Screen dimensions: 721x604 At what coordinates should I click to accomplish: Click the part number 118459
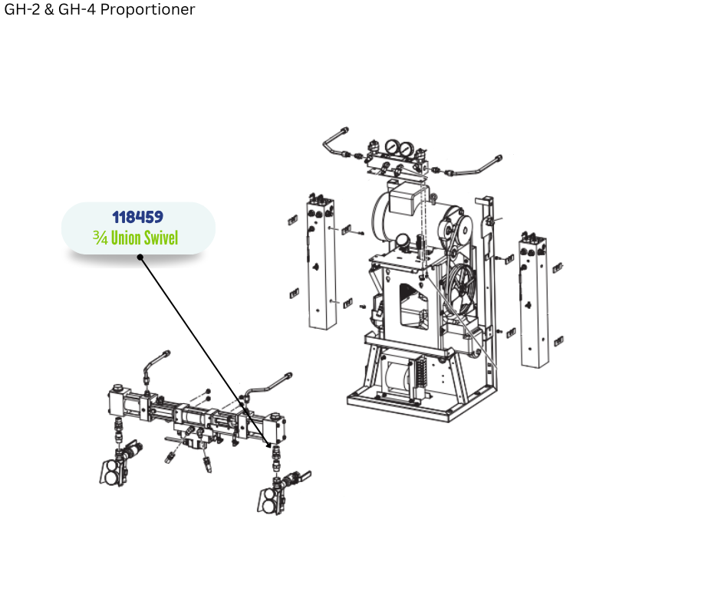coord(137,217)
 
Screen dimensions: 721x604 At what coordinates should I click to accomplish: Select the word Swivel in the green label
coord(161,238)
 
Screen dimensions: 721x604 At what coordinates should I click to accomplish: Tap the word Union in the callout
coord(126,238)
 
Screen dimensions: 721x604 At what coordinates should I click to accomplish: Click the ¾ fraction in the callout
coord(100,238)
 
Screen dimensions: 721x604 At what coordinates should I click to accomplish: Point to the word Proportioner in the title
coord(147,9)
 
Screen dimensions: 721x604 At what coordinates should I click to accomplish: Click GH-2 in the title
coord(22,9)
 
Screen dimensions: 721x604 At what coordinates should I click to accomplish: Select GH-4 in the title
coord(77,9)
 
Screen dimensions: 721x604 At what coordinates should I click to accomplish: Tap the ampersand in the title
coord(49,9)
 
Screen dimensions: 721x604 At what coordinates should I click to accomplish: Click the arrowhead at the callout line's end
coord(270,445)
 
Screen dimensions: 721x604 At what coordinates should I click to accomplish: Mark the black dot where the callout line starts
coord(140,258)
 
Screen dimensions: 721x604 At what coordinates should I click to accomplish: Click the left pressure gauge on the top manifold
coord(392,147)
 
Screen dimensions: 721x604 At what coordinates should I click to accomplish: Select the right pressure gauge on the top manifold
coord(406,149)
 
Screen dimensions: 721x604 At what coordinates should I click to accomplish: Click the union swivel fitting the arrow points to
coord(276,458)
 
